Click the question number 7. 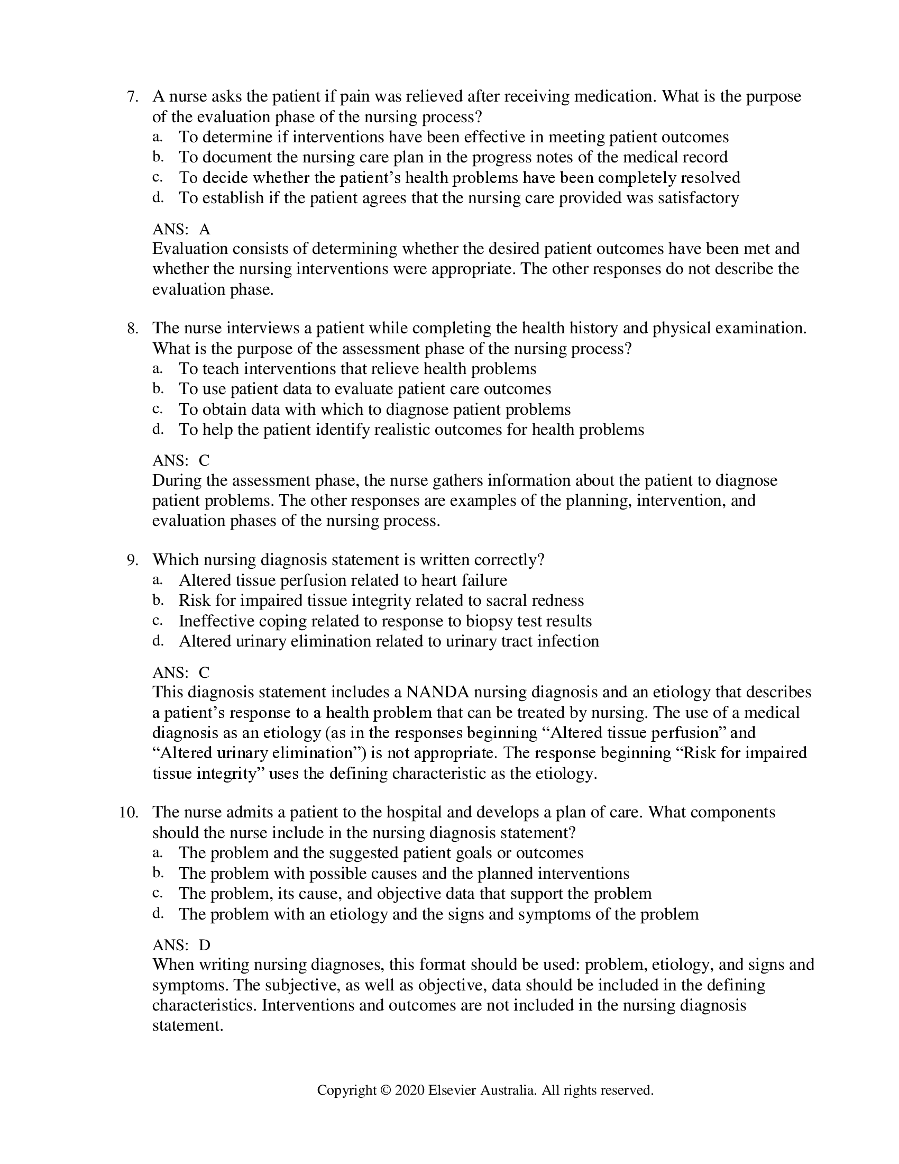[x=132, y=97]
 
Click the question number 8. [x=132, y=329]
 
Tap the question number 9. [x=132, y=560]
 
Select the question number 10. [x=129, y=812]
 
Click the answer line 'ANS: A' [x=181, y=230]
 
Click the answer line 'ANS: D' [x=181, y=945]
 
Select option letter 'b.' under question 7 [x=157, y=157]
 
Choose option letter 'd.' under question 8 [x=157, y=430]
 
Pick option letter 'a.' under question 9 [x=157, y=580]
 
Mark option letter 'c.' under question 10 [x=157, y=893]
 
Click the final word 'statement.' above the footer [x=188, y=1026]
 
